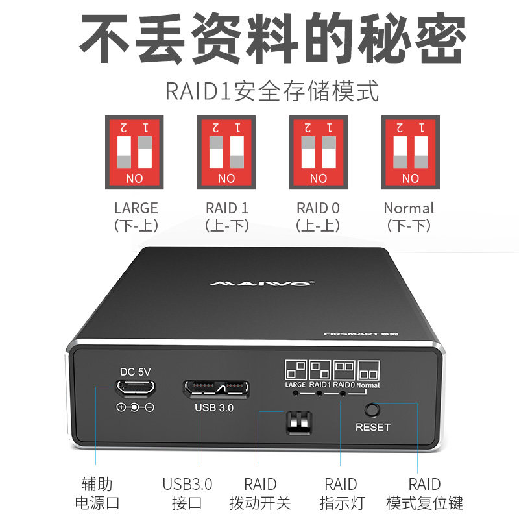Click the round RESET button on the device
click(x=372, y=410)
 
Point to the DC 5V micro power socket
click(x=135, y=388)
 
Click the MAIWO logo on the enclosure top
click(x=263, y=284)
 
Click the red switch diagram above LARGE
click(x=134, y=152)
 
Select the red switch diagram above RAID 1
click(x=226, y=152)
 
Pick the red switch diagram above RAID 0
click(x=319, y=152)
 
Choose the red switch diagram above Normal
click(x=410, y=152)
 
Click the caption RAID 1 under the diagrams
click(x=226, y=208)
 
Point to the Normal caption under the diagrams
click(x=409, y=208)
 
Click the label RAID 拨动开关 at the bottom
click(x=260, y=493)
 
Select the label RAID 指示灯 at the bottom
click(x=341, y=493)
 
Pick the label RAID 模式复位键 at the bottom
click(x=424, y=493)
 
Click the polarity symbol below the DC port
click(x=135, y=407)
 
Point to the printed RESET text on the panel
click(x=373, y=427)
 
